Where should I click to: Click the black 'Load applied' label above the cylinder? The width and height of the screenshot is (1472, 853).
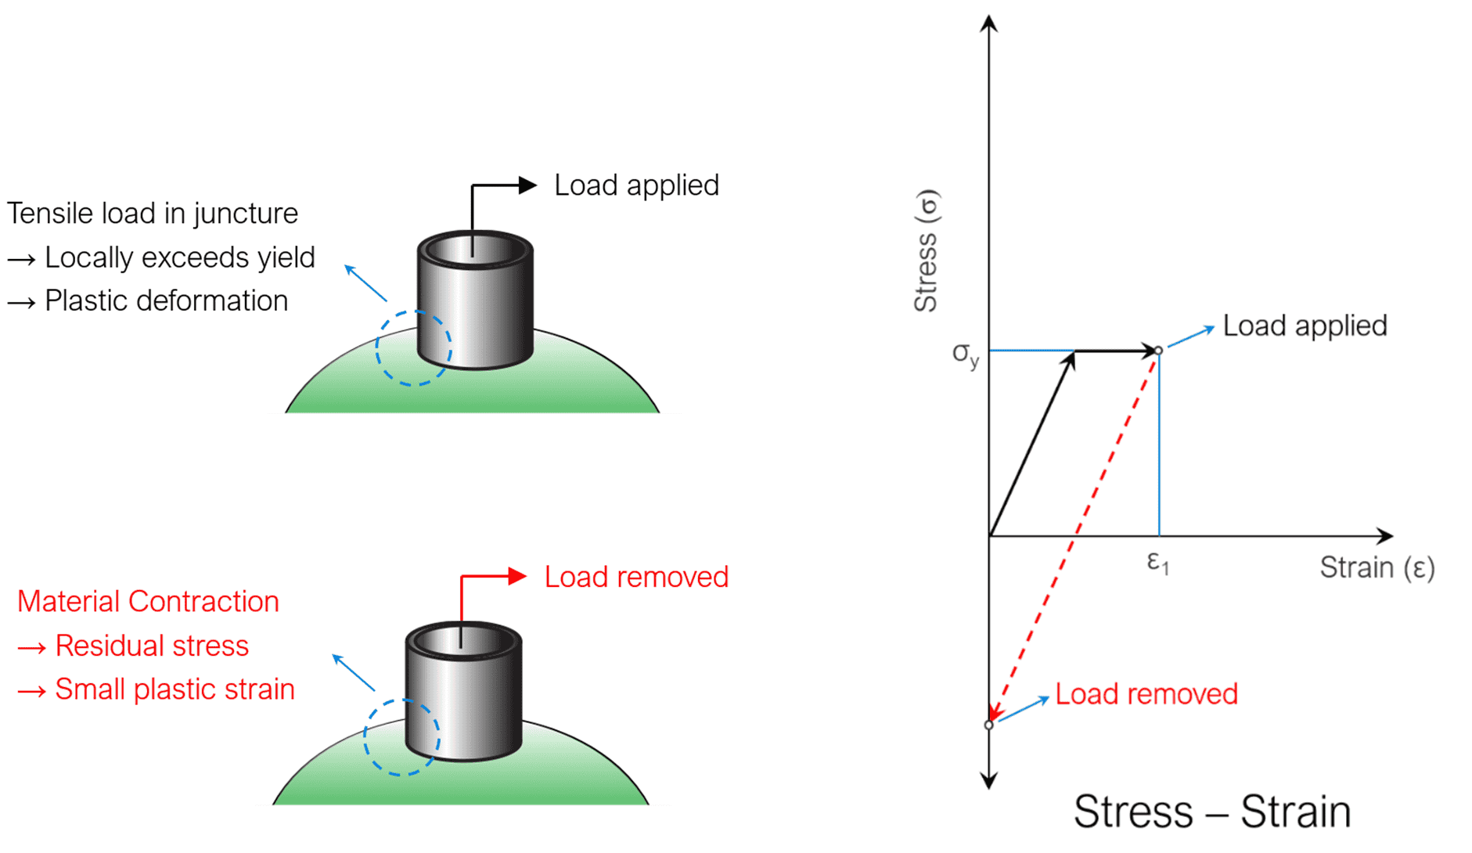tap(635, 185)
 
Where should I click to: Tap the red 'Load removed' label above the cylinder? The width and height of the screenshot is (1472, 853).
tap(635, 577)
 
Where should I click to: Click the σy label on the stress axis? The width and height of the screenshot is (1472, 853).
tap(965, 354)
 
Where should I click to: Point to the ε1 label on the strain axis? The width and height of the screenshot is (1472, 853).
tap(1157, 562)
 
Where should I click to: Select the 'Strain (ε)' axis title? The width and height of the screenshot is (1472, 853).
tap(1377, 567)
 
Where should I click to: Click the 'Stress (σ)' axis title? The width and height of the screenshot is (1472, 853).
tap(926, 250)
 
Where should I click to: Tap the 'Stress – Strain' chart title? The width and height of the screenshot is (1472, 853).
tap(1211, 811)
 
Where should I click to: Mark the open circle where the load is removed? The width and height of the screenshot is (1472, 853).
tap(988, 725)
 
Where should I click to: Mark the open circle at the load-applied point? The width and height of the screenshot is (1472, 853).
tap(1158, 351)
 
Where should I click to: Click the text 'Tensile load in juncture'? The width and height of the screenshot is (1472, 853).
tap(153, 213)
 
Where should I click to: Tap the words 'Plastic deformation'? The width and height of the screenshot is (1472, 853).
tap(166, 301)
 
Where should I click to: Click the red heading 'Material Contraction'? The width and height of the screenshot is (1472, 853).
tap(148, 601)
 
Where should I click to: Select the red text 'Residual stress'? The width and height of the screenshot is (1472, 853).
tap(152, 646)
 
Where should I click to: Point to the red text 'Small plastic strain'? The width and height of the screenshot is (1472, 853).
tap(175, 689)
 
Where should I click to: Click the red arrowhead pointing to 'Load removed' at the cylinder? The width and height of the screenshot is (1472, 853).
tap(517, 577)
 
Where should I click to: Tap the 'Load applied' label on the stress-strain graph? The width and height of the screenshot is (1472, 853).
tap(1305, 326)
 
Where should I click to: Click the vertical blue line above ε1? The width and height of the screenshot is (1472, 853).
tap(1159, 446)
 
